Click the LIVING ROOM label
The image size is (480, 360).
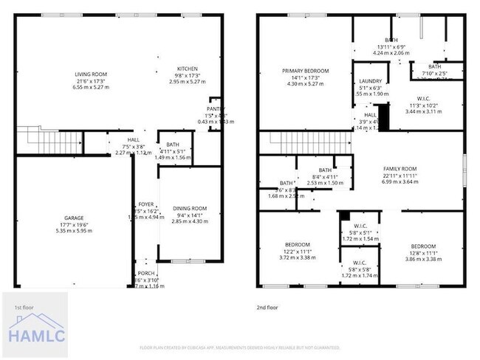point(91,75)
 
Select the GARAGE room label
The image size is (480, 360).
point(73,218)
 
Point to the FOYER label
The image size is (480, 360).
point(146,204)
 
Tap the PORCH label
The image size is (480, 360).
point(146,271)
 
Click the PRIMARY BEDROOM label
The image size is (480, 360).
point(305,71)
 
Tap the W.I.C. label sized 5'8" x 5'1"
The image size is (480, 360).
point(360,226)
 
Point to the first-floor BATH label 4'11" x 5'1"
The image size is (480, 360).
point(173,145)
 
